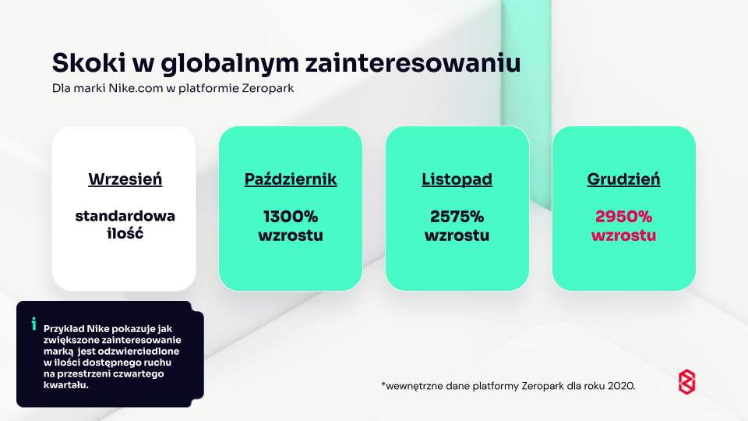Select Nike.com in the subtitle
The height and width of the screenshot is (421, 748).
coord(136,88)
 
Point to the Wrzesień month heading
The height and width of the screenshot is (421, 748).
coord(125,179)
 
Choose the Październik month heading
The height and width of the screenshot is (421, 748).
coord(291,179)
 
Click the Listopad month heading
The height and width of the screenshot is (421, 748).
coord(457,179)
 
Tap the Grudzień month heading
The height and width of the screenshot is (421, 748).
coord(623,179)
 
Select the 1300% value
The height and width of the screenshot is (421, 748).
coord(291,217)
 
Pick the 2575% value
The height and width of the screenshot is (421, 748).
coord(457,217)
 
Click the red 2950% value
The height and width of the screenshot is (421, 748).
coord(623,217)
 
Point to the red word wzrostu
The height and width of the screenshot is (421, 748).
coord(623,235)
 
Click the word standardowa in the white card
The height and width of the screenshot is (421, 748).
coord(125,216)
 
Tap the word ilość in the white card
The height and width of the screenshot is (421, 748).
coord(125,233)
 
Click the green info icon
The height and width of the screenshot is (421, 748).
coord(34,324)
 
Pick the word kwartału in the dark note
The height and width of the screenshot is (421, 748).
coord(65,384)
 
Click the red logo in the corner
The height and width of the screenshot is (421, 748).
coord(687,382)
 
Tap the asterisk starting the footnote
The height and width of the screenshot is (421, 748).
coord(383,384)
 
